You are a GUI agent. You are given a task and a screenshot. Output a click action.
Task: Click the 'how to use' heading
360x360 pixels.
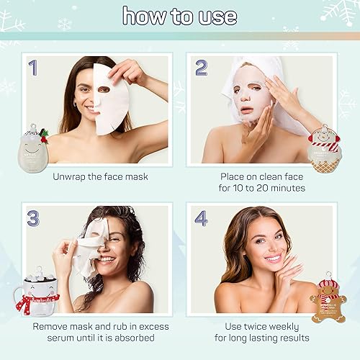[179, 16]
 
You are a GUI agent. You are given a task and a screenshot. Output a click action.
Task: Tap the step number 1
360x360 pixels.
[32, 68]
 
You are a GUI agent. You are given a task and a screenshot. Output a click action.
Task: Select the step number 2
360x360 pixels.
[202, 68]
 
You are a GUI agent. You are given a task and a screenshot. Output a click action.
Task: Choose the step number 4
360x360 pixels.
[202, 217]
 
